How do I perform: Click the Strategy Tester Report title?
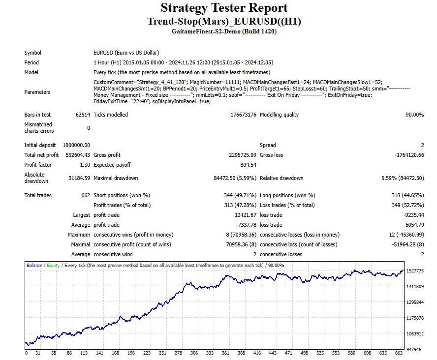pyautogui.click(x=224, y=8)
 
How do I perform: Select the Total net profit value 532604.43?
pyautogui.click(x=76, y=155)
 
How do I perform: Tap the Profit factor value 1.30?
pyautogui.click(x=84, y=165)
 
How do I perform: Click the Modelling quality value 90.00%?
pyautogui.click(x=412, y=115)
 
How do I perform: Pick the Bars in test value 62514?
pyautogui.click(x=81, y=115)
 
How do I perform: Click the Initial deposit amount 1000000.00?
pyautogui.click(x=76, y=145)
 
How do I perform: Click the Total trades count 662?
pyautogui.click(x=85, y=195)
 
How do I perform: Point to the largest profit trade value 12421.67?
pyautogui.click(x=245, y=215)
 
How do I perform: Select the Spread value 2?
pyautogui.click(x=422, y=145)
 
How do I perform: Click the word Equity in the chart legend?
pyautogui.click(x=53, y=265)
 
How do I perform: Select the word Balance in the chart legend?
pyautogui.click(x=34, y=265)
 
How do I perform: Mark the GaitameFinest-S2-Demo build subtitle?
pyautogui.click(x=224, y=31)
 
